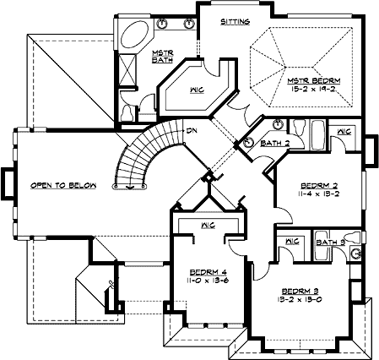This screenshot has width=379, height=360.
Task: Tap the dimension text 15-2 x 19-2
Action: click(x=311, y=86)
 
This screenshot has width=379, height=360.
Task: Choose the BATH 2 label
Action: click(x=277, y=144)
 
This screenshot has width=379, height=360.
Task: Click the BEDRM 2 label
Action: click(x=319, y=183)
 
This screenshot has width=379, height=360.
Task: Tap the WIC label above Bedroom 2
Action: click(x=344, y=133)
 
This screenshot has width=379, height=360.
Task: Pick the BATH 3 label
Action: click(x=328, y=242)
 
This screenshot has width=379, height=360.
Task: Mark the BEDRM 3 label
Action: click(x=300, y=290)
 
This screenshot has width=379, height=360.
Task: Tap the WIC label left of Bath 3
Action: click(x=293, y=242)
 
